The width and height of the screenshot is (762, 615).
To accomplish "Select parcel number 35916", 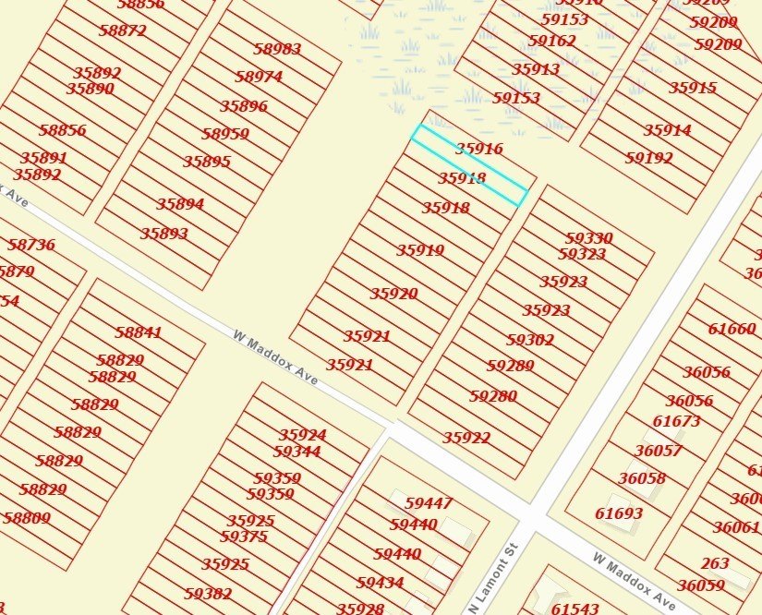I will [x=478, y=149].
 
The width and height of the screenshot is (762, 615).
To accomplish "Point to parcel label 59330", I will [x=588, y=238].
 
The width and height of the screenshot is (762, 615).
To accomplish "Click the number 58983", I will [x=276, y=49].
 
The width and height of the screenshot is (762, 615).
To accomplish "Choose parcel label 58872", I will [x=122, y=30].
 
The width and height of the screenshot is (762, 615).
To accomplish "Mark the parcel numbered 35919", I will [x=420, y=250].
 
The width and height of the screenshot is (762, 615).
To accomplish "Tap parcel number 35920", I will [x=393, y=294].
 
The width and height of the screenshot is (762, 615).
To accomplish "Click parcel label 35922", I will [x=466, y=438].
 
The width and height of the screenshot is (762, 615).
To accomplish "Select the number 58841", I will [x=139, y=332].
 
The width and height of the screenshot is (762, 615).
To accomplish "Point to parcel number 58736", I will [x=31, y=245].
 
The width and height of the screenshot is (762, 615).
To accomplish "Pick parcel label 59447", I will [x=429, y=503].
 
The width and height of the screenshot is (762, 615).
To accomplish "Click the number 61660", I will [x=732, y=329].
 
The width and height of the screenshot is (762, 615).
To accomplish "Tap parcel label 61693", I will [x=619, y=513].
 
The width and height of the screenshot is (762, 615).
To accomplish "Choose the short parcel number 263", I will [x=714, y=563].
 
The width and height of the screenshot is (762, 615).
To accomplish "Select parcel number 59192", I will [x=648, y=158].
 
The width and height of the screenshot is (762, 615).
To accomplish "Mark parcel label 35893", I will [x=163, y=234].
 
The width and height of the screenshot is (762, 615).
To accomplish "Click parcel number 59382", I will [x=208, y=594].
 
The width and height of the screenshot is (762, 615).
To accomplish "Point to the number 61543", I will [x=575, y=609].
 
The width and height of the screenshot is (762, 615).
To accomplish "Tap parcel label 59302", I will [x=530, y=340].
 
